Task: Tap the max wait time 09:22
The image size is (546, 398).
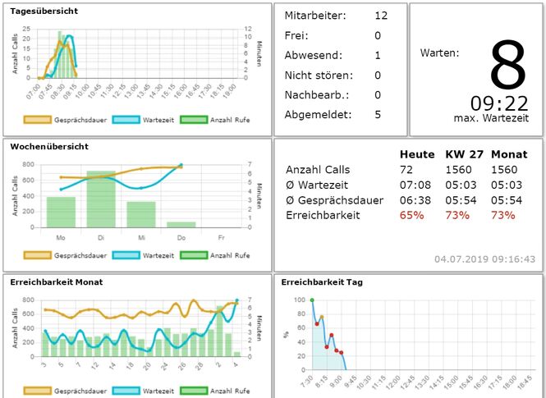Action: (499, 103)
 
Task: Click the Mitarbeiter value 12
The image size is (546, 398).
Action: (381, 16)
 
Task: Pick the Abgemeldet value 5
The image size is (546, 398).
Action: (378, 114)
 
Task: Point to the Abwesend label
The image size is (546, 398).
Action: (311, 55)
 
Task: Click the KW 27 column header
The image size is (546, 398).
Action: (461, 154)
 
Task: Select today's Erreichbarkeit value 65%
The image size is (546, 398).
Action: (411, 215)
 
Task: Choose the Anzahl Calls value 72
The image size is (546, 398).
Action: (406, 170)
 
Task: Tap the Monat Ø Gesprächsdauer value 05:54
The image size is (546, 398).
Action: (502, 200)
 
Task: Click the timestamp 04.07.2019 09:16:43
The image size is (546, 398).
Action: (491, 259)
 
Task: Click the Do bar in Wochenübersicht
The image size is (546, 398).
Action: (181, 224)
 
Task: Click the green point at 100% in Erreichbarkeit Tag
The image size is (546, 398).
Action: (312, 300)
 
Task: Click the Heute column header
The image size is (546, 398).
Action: (416, 154)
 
